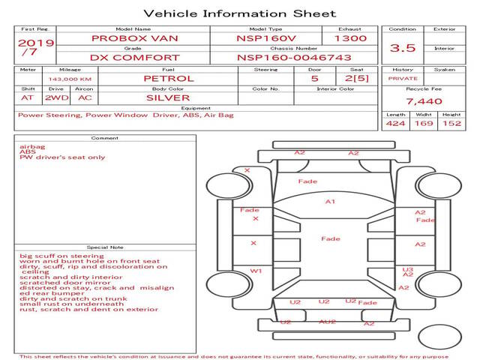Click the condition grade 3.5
click(403, 48)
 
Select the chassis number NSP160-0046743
click(294, 58)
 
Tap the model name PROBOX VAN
click(135, 38)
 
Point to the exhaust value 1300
click(350, 38)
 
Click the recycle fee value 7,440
click(424, 101)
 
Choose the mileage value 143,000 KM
click(70, 79)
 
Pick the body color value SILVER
click(168, 97)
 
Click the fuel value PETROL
click(169, 78)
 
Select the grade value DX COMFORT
click(135, 58)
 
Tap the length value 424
click(395, 123)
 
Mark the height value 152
click(451, 123)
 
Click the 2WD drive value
click(57, 97)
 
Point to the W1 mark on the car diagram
click(256, 271)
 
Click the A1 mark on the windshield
click(330, 202)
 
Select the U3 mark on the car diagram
click(408, 269)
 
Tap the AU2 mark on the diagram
click(327, 322)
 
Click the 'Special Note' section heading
click(105, 247)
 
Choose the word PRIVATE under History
click(403, 79)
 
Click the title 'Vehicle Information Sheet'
click(240, 13)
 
